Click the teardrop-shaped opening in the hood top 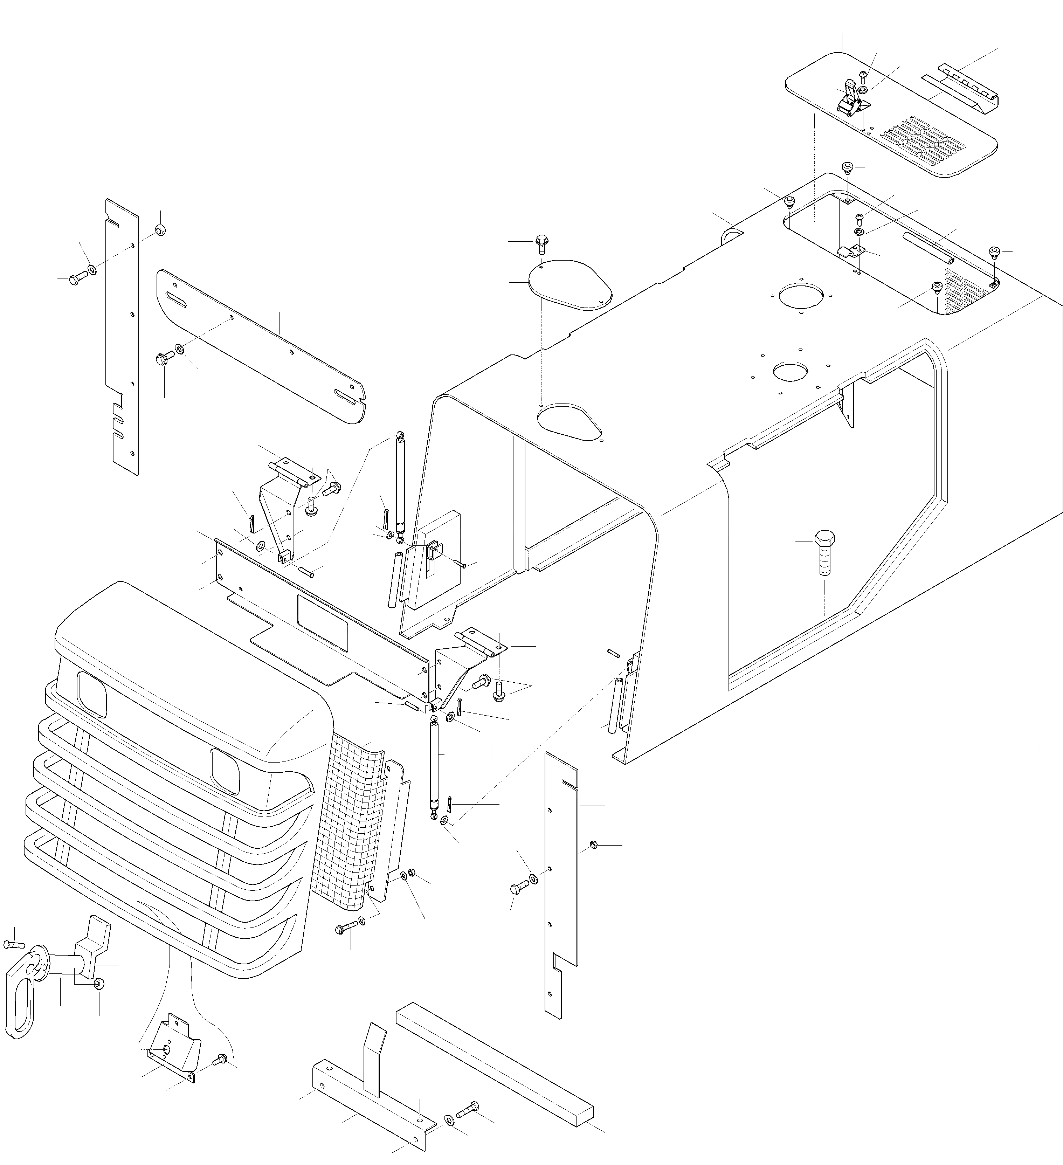click(x=570, y=422)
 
